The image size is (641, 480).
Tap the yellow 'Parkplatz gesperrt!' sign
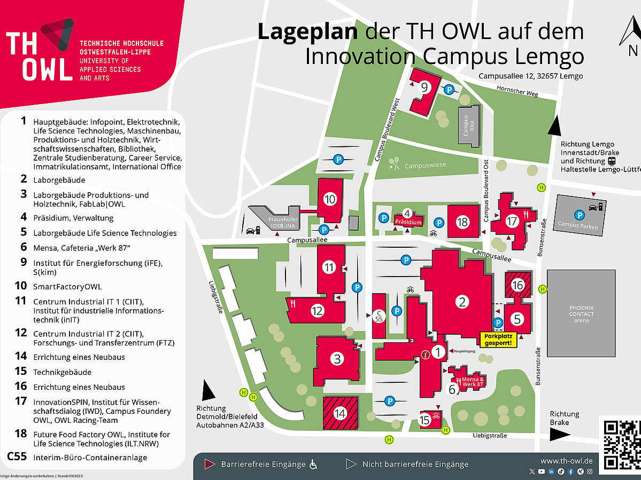click(x=500, y=340)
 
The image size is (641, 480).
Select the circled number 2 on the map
click(x=462, y=302)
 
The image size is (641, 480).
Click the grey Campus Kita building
click(x=468, y=124)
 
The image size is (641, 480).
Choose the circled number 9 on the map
click(x=424, y=88)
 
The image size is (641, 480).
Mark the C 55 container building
click(x=379, y=315)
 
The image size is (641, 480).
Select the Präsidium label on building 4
click(x=408, y=222)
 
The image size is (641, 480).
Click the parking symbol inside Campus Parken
click(x=578, y=215)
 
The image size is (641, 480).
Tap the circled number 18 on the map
click(x=462, y=222)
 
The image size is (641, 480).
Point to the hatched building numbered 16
click(x=518, y=285)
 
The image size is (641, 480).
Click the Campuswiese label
click(x=424, y=166)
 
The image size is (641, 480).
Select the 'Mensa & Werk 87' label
click(x=472, y=382)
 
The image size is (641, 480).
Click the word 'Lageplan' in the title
click(x=307, y=32)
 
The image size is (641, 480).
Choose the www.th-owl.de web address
click(x=566, y=461)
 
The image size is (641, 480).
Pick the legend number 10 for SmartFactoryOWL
click(x=21, y=286)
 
